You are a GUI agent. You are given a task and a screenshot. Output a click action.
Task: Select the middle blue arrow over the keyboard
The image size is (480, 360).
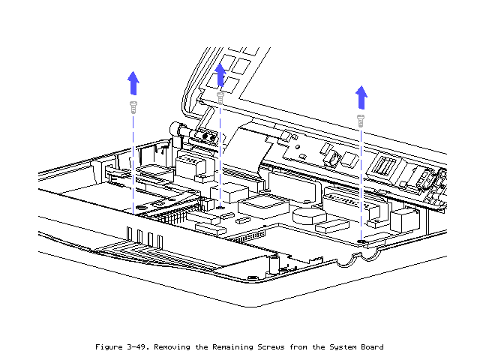click(x=220, y=75)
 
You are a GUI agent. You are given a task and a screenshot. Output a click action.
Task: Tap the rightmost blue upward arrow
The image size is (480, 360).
click(x=361, y=97)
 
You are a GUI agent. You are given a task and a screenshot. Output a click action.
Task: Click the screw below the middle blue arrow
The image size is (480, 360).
click(x=220, y=97)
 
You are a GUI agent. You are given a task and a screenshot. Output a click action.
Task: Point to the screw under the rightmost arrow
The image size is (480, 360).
click(x=361, y=118)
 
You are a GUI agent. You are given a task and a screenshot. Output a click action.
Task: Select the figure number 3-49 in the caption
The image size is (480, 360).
click(x=136, y=347)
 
